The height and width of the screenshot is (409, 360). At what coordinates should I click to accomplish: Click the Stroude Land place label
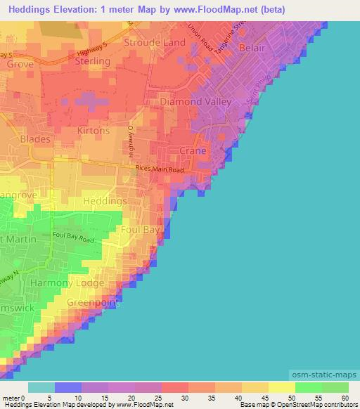[x=155, y=43]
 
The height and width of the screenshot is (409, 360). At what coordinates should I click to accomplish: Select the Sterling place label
[x=93, y=62]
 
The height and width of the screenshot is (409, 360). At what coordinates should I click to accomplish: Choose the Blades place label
[x=35, y=139]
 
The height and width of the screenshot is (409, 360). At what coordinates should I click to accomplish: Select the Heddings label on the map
[x=105, y=201]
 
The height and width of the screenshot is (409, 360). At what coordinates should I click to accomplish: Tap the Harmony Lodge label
[x=77, y=283]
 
